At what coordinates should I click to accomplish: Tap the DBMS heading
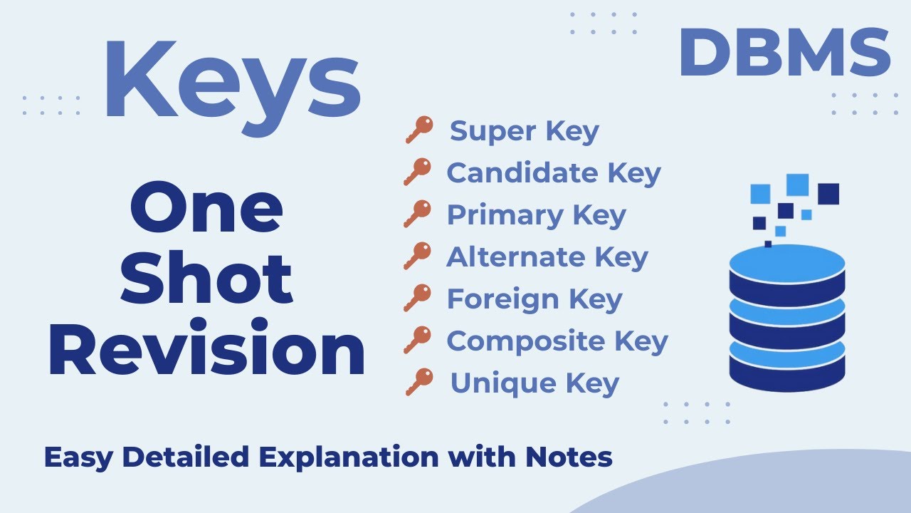(784, 54)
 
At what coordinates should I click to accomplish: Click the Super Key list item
(525, 131)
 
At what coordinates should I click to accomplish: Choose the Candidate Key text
(553, 173)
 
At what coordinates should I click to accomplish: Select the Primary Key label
(536, 215)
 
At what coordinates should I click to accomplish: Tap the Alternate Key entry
(547, 257)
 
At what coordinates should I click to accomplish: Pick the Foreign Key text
(534, 299)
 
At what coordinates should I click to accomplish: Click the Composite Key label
(557, 341)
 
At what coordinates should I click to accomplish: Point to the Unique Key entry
(534, 383)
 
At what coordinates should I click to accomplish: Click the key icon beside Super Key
(419, 130)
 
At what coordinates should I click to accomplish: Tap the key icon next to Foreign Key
(418, 299)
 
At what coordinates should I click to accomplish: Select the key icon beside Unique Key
(419, 383)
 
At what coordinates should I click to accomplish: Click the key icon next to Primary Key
(418, 214)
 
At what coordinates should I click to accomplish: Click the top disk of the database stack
(787, 264)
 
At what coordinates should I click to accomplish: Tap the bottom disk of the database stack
(787, 370)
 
